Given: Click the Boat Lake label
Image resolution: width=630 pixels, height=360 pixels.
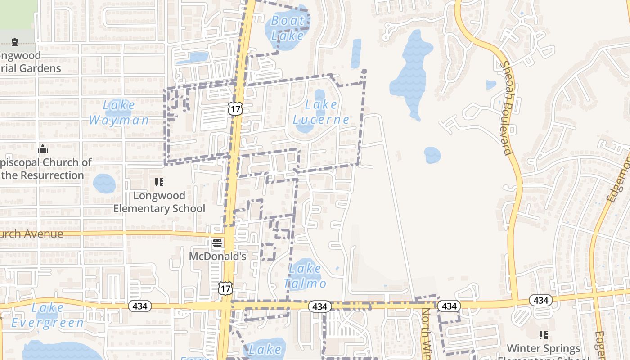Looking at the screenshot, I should pyautogui.click(x=288, y=27).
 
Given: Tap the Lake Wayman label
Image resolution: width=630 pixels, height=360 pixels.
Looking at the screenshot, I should pyautogui.click(x=118, y=112).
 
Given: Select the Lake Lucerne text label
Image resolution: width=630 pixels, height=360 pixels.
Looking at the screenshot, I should pyautogui.click(x=321, y=112).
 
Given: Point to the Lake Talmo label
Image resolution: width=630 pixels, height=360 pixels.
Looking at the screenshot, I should pyautogui.click(x=305, y=276).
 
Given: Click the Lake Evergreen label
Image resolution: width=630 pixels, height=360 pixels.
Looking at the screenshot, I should pyautogui.click(x=47, y=315).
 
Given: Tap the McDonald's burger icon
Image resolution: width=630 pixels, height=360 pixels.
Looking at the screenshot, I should pyautogui.click(x=217, y=243).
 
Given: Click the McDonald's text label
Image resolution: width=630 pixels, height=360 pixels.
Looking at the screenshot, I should pyautogui.click(x=217, y=256).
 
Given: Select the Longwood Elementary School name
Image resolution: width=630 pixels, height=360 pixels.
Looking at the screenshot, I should pyautogui.click(x=159, y=202).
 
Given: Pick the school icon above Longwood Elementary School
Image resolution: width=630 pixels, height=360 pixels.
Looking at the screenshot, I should pyautogui.click(x=159, y=182).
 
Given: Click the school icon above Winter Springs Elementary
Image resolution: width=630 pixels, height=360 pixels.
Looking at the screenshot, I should pyautogui.click(x=544, y=335).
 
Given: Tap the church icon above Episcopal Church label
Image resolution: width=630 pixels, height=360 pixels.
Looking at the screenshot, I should pyautogui.click(x=43, y=149).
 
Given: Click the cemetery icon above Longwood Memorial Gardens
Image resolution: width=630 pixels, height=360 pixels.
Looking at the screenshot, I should pyautogui.click(x=15, y=42).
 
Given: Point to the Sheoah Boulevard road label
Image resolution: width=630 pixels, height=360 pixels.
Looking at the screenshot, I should pyautogui.click(x=506, y=108).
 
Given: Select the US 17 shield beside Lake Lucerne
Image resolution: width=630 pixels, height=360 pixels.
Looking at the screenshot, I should pyautogui.click(x=235, y=108).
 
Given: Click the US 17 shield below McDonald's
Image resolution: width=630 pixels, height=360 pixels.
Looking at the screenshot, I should pyautogui.click(x=225, y=288).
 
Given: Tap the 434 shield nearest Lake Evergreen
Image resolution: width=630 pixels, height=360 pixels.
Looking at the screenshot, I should pyautogui.click(x=140, y=306).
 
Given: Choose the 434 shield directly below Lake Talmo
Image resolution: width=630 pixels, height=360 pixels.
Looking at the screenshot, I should pyautogui.click(x=319, y=306).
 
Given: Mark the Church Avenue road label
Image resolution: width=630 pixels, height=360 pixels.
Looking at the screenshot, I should pyautogui.click(x=31, y=234).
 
